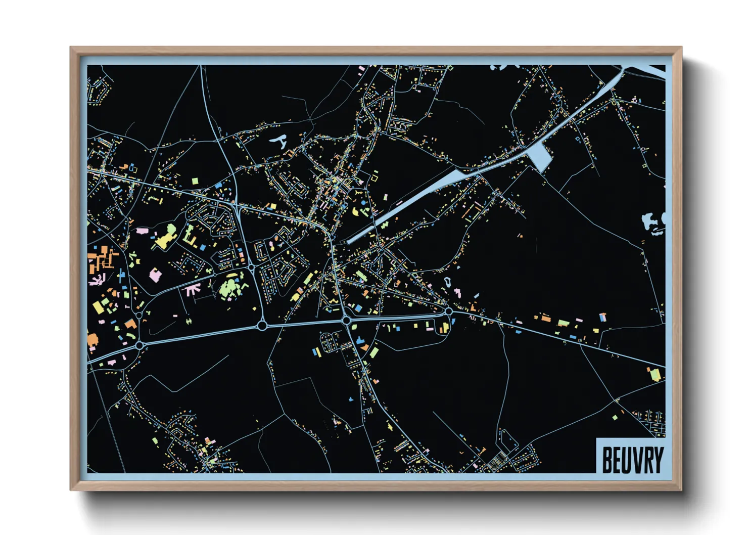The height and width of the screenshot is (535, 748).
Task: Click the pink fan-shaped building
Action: point(192,289)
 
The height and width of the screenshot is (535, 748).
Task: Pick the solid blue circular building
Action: point(363,203)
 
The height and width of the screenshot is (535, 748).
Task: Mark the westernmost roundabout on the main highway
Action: point(139,345)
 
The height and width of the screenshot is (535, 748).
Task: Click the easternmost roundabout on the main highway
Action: point(448,311)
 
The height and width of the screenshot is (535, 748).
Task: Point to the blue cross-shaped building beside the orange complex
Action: point(121,276)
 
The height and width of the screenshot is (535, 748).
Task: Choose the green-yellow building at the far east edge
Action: point(654,375)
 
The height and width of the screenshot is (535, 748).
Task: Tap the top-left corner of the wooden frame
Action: point(72,49)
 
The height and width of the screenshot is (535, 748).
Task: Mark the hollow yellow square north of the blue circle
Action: point(375,176)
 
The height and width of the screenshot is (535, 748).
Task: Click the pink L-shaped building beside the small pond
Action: point(457,292)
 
